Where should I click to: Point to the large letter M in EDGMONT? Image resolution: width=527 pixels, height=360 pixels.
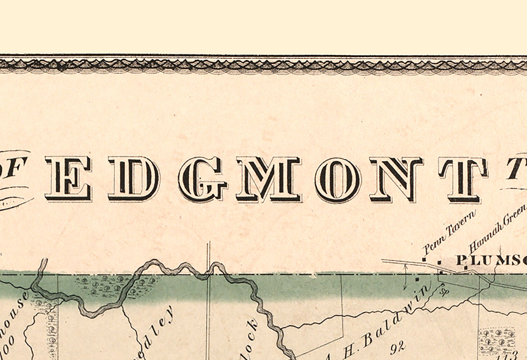click(268, 179)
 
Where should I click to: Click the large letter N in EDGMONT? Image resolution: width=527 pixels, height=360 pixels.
click(396, 179)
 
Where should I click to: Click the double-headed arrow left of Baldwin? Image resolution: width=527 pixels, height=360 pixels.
click(405, 277)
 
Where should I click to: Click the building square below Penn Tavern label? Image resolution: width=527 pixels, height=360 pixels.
click(424, 259)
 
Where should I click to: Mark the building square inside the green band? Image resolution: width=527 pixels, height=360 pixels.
click(417, 279)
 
